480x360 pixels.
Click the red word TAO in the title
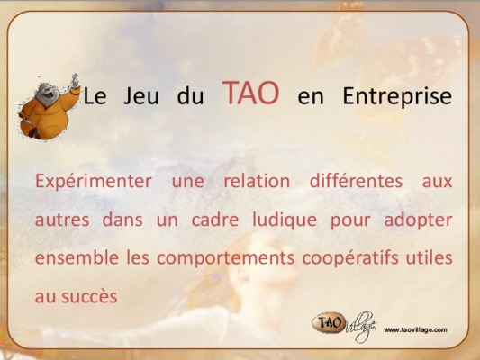pyautogui.click(x=250, y=93)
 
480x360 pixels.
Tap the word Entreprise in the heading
pyautogui.click(x=397, y=96)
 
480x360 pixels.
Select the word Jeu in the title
pyautogui.click(x=141, y=96)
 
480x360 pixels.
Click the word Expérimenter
pyautogui.click(x=94, y=182)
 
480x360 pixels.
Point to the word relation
pyautogui.click(x=257, y=181)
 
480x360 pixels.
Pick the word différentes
pyautogui.click(x=356, y=181)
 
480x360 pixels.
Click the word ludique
pyautogui.click(x=285, y=220)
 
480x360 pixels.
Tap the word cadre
pyautogui.click(x=215, y=220)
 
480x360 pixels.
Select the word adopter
pyautogui.click(x=418, y=220)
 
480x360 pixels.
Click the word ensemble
pyautogui.click(x=77, y=257)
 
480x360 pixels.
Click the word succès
pyautogui.click(x=89, y=296)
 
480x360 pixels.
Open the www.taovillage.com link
pyautogui.click(x=415, y=329)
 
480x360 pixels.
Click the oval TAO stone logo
pyautogui.click(x=329, y=323)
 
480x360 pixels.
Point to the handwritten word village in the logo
pyautogui.click(x=361, y=327)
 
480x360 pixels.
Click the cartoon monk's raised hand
pyautogui.click(x=75, y=82)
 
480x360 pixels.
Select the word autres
pyautogui.click(x=62, y=220)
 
